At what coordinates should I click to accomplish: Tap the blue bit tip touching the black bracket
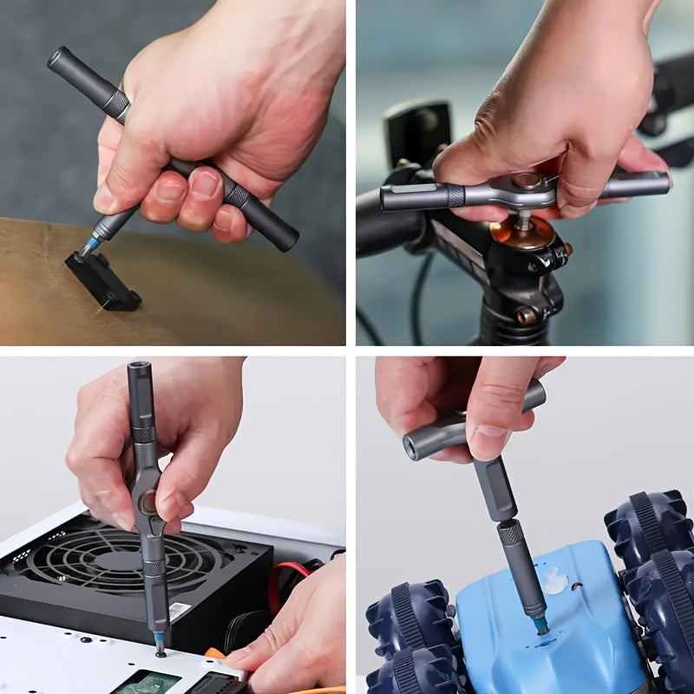(x=87, y=248)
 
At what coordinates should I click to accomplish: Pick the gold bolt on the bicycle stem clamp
(x=527, y=316)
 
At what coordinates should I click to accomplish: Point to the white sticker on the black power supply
(x=179, y=612)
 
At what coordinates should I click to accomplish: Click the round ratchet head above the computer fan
(x=147, y=501)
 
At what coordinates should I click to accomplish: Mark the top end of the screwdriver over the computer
(x=139, y=370)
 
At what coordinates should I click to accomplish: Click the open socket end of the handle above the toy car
(x=414, y=448)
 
